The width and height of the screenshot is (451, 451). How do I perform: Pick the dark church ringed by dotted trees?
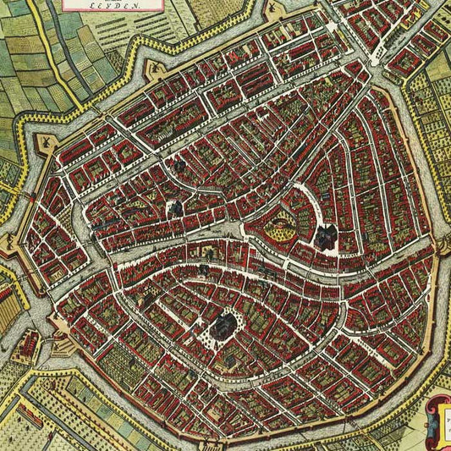click(225, 323)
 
